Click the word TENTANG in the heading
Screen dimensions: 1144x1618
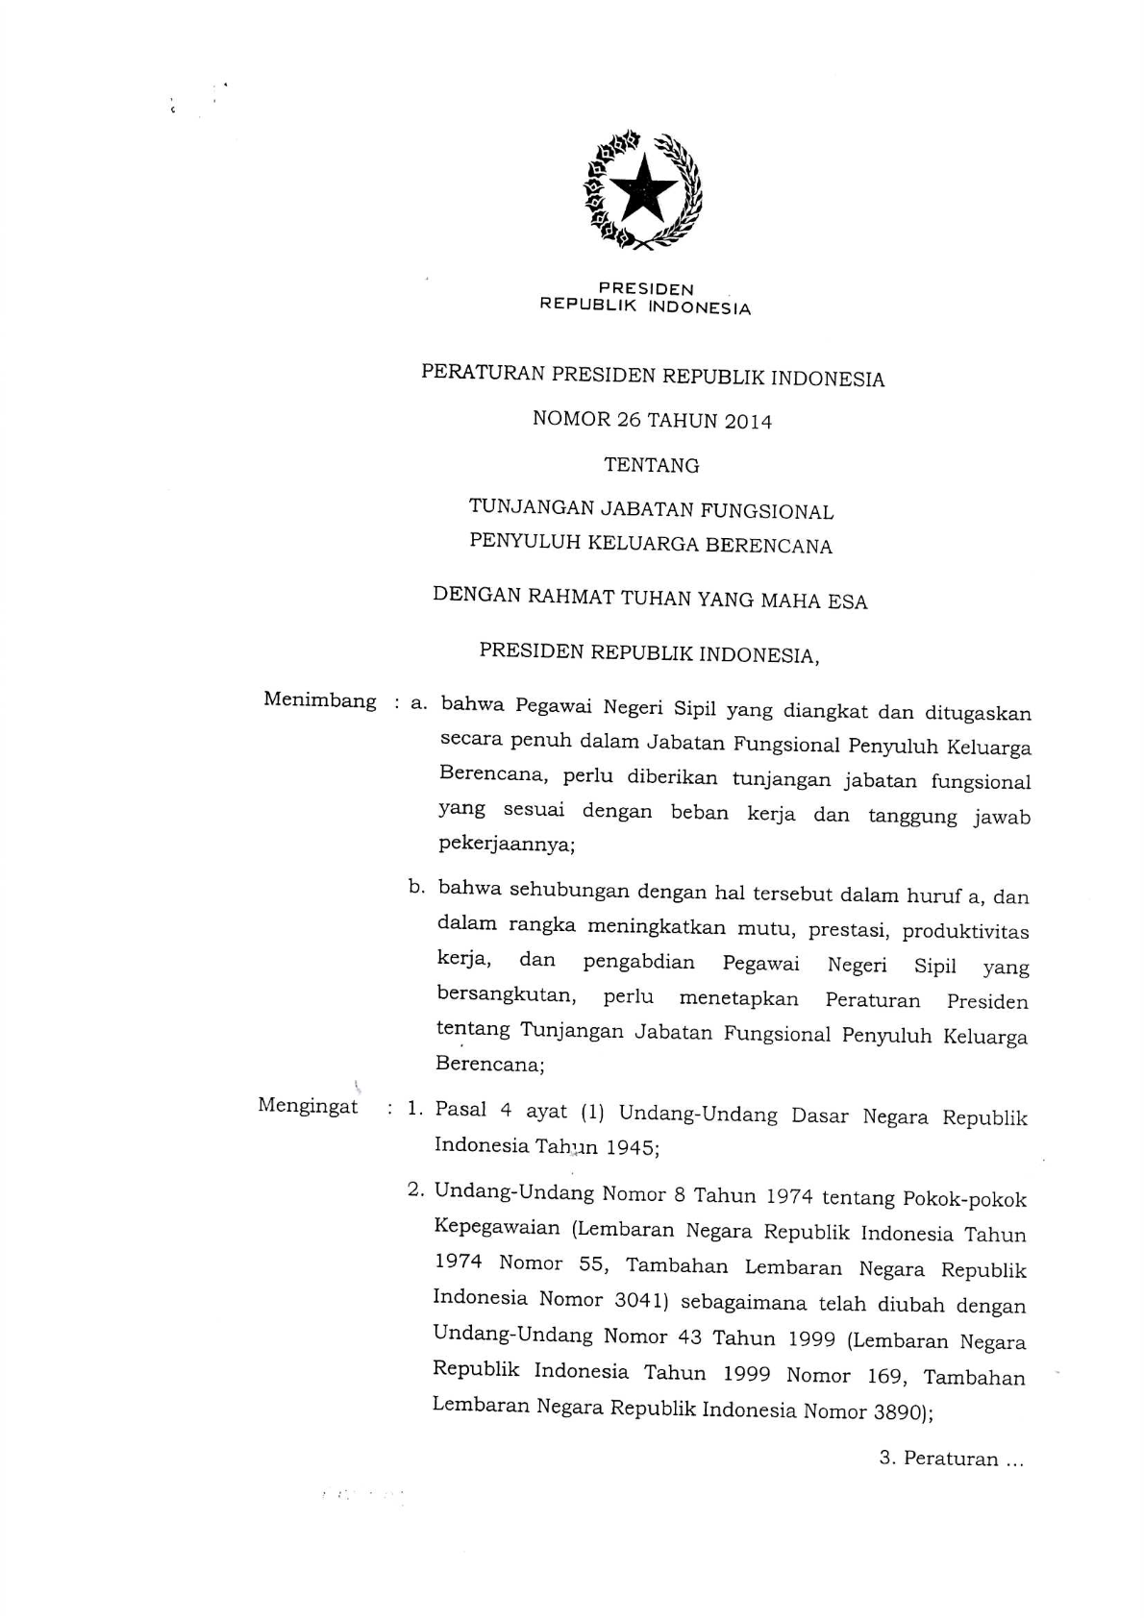[x=651, y=466]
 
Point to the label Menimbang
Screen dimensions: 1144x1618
[x=320, y=700]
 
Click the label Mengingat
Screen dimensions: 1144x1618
[x=308, y=1106]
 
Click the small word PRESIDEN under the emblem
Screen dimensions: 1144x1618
[x=645, y=288]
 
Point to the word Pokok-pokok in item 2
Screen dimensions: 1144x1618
[x=964, y=1199]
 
